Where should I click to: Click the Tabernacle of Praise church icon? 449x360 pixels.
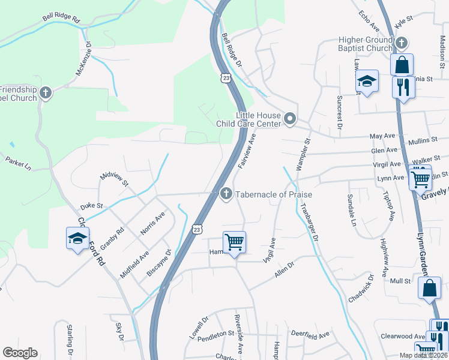click(x=226, y=194)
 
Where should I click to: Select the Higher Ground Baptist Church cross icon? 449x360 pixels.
click(x=402, y=43)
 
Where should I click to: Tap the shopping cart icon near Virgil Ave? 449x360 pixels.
click(x=234, y=242)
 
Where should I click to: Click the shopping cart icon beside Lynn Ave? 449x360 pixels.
click(x=420, y=178)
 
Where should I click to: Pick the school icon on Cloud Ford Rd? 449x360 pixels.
click(x=77, y=238)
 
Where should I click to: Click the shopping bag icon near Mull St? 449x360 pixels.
click(x=430, y=288)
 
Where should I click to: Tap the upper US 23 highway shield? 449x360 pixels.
click(x=225, y=78)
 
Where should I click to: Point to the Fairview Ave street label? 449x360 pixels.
click(x=247, y=151)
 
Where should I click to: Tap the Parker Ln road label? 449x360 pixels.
click(x=17, y=163)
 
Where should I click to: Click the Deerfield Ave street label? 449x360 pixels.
click(x=310, y=334)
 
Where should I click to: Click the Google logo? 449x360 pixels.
click(x=20, y=353)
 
